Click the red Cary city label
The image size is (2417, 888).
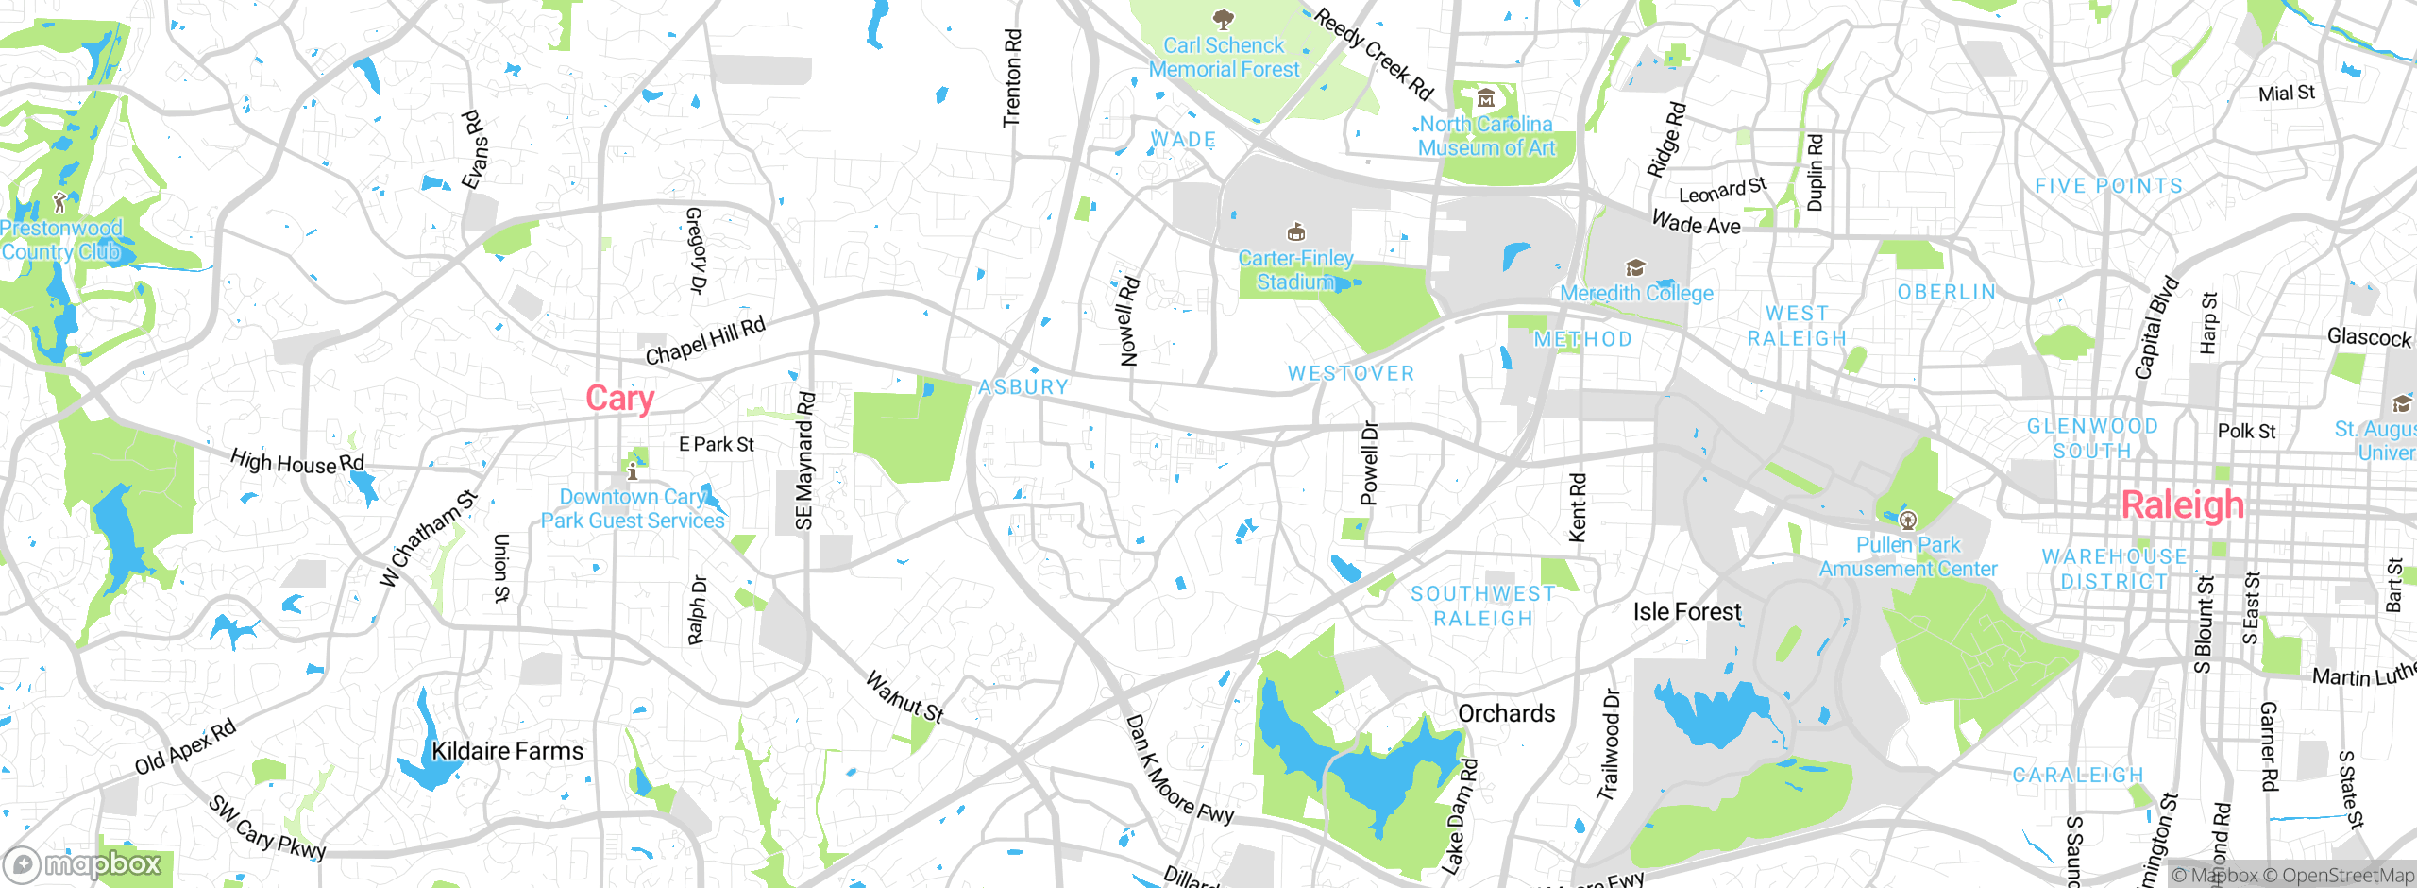(619, 399)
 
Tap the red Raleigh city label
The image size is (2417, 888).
(2182, 505)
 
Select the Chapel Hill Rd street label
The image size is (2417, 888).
(704, 342)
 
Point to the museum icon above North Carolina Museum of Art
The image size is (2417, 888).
(1486, 98)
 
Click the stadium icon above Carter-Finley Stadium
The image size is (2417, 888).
(1295, 232)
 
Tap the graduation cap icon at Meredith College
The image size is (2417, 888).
(1635, 268)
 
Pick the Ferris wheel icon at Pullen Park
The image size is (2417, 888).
(1908, 520)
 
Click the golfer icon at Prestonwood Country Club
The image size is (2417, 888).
(59, 201)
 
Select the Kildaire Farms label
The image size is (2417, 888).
(507, 751)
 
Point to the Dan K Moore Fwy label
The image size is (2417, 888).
(1178, 771)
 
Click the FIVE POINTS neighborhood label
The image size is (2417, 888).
(2108, 186)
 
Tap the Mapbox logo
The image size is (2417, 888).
(83, 864)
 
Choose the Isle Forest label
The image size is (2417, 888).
(1687, 612)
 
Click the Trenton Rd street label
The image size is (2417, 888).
(1012, 78)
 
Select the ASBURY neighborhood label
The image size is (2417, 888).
(1023, 386)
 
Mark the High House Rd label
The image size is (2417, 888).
(296, 462)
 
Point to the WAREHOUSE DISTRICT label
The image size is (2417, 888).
(2114, 569)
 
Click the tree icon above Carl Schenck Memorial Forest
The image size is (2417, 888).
(1223, 19)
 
